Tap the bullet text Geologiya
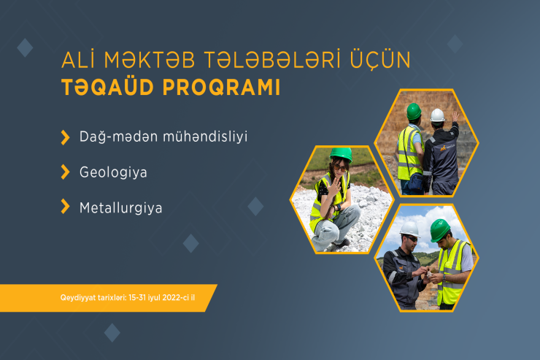click(x=113, y=172)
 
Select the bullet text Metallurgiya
click(x=120, y=207)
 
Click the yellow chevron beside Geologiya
click(x=65, y=172)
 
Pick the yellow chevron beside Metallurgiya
click(x=65, y=207)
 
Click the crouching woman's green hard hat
click(x=340, y=153)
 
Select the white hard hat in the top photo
click(x=437, y=115)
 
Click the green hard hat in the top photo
click(x=414, y=111)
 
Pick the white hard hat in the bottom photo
click(x=409, y=229)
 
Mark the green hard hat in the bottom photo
click(x=440, y=229)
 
